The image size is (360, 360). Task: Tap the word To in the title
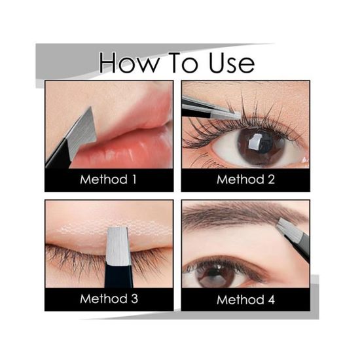pyautogui.click(x=183, y=62)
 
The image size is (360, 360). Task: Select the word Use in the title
pyautogui.click(x=232, y=63)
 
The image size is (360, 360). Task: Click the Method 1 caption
pyautogui.click(x=109, y=179)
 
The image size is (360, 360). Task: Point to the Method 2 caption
pyautogui.click(x=245, y=179)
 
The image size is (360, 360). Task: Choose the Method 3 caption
pyautogui.click(x=109, y=298)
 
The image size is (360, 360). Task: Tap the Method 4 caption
pyautogui.click(x=245, y=300)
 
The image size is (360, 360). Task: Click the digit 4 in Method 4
pyautogui.click(x=271, y=300)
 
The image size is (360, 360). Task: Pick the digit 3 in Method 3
pyautogui.click(x=135, y=299)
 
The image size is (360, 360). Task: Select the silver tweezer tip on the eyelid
pyautogui.click(x=118, y=245)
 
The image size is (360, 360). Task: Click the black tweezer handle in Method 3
pyautogui.click(x=118, y=276)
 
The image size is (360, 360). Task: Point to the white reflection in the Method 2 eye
pyautogui.click(x=254, y=141)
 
